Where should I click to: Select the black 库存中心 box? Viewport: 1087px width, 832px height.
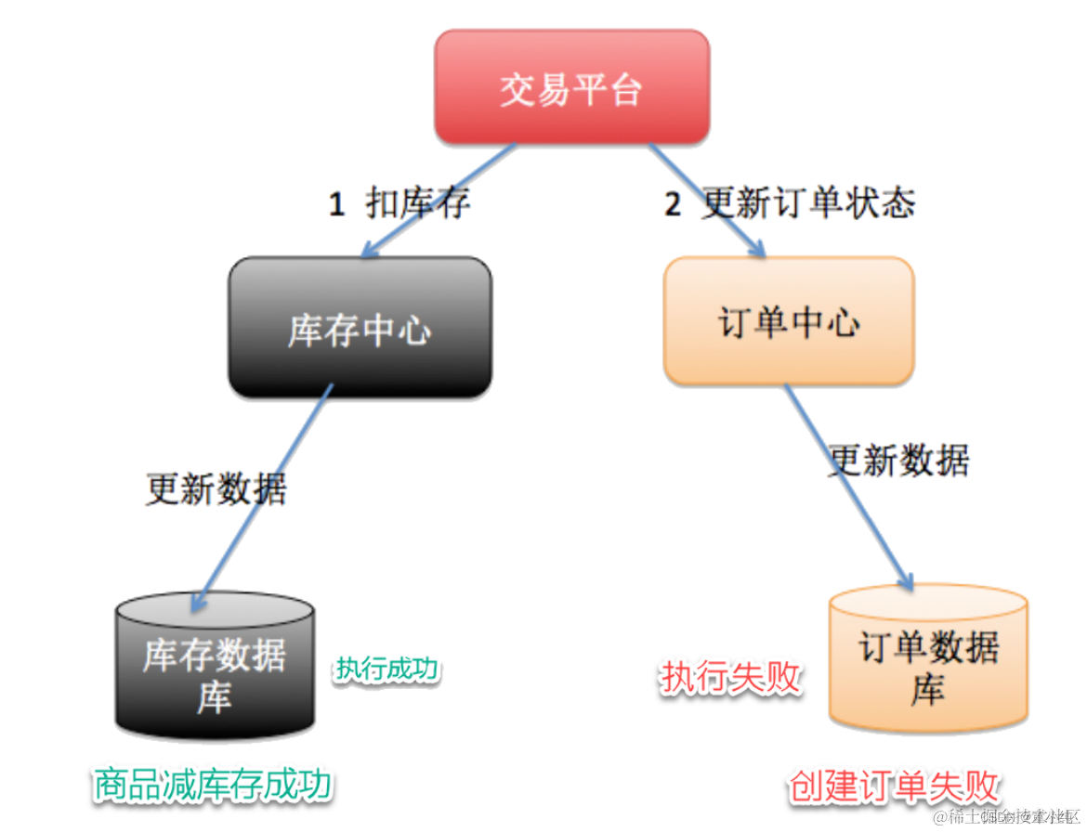(x=360, y=327)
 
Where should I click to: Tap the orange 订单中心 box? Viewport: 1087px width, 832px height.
(x=788, y=321)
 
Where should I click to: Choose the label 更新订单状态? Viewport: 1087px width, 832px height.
(x=808, y=203)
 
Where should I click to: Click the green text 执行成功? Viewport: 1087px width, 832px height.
(x=387, y=669)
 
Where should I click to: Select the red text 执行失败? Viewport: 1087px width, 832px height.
(x=731, y=677)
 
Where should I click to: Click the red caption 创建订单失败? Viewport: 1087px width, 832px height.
(x=893, y=786)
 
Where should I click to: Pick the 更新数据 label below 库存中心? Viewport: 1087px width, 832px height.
(x=216, y=488)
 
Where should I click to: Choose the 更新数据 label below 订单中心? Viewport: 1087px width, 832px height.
(x=898, y=459)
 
